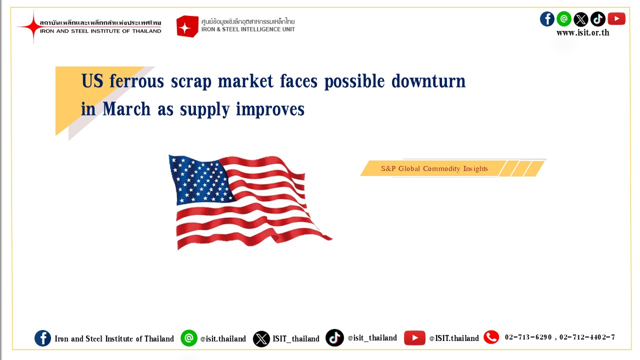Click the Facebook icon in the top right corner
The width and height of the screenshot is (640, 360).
(547, 19)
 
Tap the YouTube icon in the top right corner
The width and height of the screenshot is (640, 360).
(616, 19)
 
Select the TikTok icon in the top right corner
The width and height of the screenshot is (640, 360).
(597, 19)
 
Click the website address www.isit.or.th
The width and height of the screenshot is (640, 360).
(582, 33)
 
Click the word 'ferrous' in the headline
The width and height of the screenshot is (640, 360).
(137, 81)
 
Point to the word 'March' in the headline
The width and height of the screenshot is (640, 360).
(126, 109)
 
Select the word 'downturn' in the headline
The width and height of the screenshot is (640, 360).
(428, 81)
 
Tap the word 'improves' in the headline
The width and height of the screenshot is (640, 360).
(270, 109)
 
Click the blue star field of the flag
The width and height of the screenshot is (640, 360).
(200, 180)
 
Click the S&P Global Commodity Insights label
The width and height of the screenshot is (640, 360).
(434, 168)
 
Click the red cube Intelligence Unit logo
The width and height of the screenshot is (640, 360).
(187, 26)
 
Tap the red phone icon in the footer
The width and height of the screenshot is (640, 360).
(491, 337)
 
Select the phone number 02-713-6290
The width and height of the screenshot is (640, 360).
(528, 337)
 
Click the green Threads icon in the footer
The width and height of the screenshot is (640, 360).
(189, 338)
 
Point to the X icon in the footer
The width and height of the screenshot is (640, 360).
(261, 339)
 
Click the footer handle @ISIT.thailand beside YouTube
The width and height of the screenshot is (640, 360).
(453, 338)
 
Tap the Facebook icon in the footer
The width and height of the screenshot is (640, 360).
(42, 338)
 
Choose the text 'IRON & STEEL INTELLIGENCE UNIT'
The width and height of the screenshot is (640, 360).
(248, 29)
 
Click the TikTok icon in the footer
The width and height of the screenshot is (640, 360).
(334, 337)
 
